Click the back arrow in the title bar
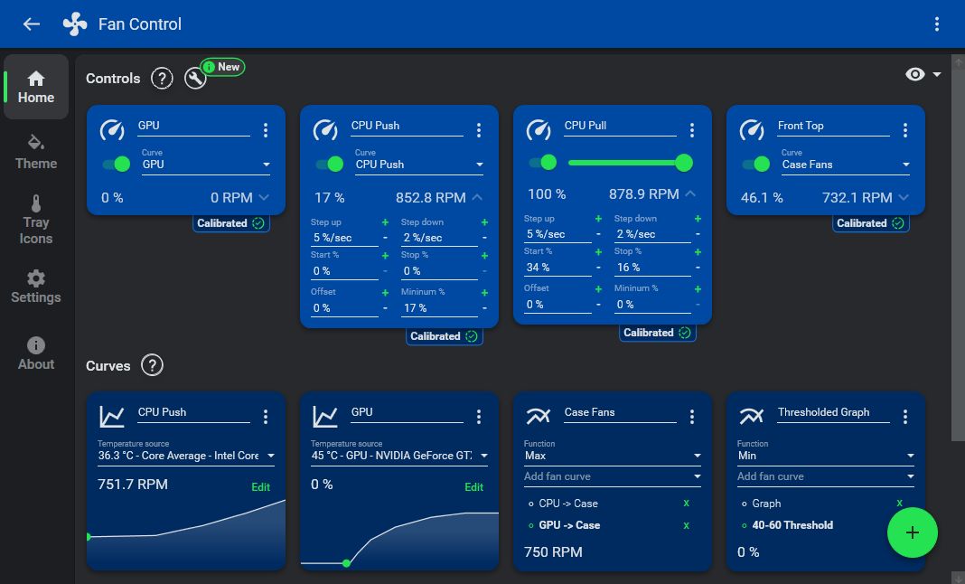[x=32, y=24]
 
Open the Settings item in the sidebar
[x=36, y=287]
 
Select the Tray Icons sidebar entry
[x=36, y=220]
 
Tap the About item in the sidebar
[x=36, y=353]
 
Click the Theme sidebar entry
[x=36, y=153]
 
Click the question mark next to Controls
[x=162, y=79]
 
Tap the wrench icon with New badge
[x=195, y=79]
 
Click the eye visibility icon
[x=915, y=74]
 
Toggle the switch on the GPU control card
[x=117, y=164]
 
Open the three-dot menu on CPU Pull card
[x=692, y=130]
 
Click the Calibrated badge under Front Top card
[x=870, y=223]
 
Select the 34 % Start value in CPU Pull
[x=557, y=268]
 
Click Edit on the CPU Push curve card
[x=260, y=487]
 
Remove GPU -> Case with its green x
[x=686, y=525]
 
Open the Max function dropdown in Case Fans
[x=613, y=456]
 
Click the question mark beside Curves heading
[x=153, y=366]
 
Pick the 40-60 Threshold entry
[x=792, y=525]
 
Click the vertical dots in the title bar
[x=937, y=24]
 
